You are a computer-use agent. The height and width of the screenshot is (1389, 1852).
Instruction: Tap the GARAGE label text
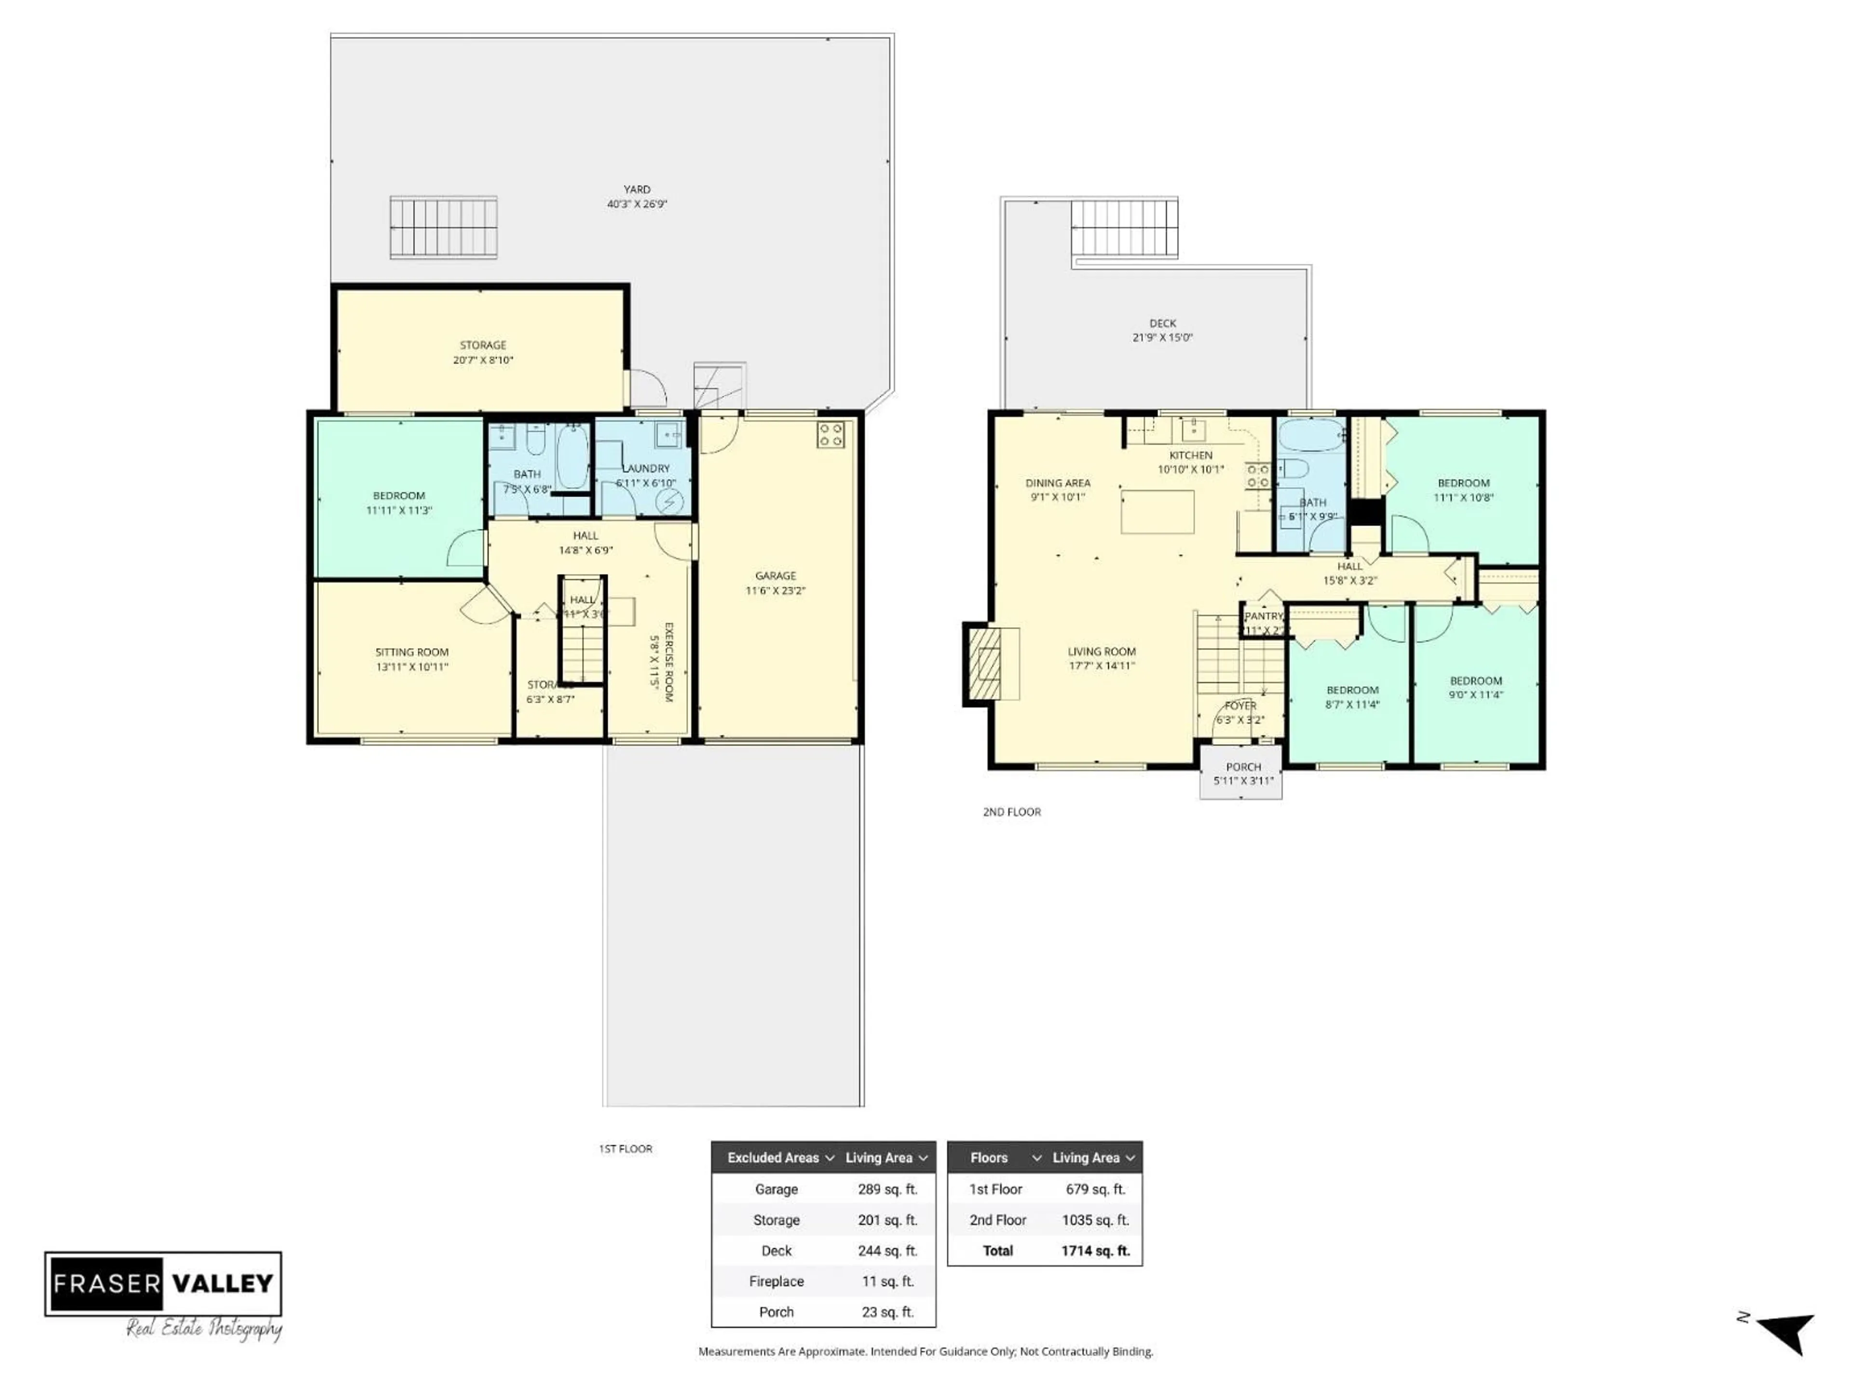776,576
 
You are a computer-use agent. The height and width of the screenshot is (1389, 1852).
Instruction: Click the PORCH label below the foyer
1243,767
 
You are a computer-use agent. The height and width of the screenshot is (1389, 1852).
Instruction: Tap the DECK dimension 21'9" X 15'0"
1162,338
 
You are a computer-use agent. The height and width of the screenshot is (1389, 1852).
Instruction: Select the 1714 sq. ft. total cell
1095,1251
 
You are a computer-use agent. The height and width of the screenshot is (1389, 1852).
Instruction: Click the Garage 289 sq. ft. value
887,1189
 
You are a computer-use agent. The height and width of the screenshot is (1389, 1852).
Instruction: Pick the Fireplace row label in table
776,1281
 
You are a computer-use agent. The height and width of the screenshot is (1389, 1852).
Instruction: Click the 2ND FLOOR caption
1011,812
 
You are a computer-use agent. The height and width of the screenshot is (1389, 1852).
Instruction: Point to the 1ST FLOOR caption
626,1149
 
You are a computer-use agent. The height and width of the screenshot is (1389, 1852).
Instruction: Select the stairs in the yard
444,228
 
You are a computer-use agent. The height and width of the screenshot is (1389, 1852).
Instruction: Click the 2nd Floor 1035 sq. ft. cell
1095,1220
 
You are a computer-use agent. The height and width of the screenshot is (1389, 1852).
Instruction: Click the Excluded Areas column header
773,1158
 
